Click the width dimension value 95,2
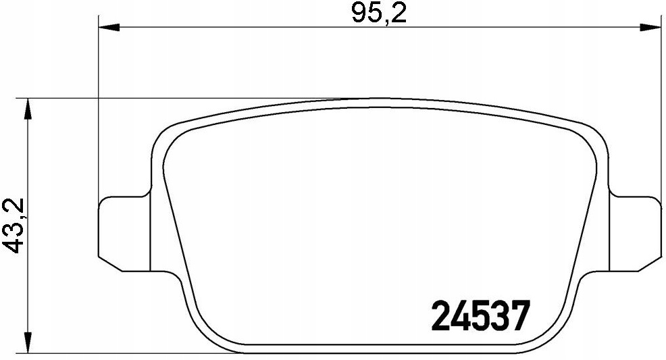tap(379, 14)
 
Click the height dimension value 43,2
tap(14, 226)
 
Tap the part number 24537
tap(481, 315)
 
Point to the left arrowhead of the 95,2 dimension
tap(109, 27)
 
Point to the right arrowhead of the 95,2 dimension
tap(650, 27)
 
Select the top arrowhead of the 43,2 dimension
tap(28, 109)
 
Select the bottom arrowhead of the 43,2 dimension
tap(28, 342)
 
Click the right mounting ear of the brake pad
tap(636, 234)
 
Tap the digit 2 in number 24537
tap(442, 315)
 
